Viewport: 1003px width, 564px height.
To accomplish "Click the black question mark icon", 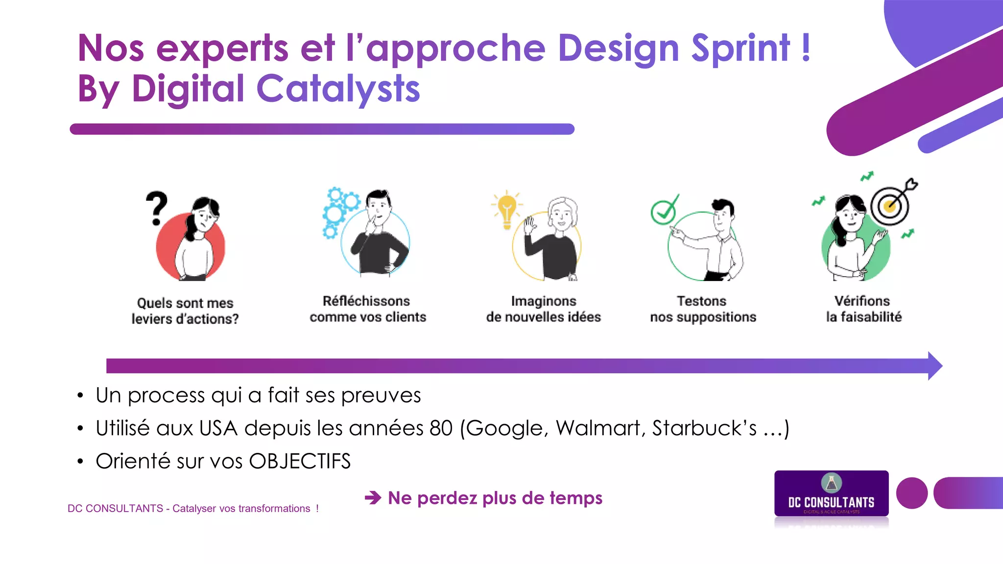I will point(157,208).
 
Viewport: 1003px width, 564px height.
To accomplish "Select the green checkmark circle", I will point(664,211).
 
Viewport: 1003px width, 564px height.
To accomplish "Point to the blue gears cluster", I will point(339,211).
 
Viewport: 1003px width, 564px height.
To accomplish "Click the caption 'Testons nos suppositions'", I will point(703,309).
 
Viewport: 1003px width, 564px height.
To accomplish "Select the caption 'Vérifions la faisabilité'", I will point(863,309).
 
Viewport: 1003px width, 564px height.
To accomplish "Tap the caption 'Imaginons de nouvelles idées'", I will point(543,309).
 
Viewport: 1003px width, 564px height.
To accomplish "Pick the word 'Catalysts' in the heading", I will point(338,89).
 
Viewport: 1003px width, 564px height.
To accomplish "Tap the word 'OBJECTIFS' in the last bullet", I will point(300,461).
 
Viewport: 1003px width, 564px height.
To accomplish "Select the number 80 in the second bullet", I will point(441,428).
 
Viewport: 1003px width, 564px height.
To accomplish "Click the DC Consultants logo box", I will point(831,494).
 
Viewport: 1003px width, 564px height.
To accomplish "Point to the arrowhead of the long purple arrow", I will point(934,366).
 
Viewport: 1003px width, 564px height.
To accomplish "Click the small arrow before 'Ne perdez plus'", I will point(373,498).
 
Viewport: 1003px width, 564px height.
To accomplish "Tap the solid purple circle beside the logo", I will point(911,493).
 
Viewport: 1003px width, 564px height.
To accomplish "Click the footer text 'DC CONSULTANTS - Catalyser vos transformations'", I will point(193,509).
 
